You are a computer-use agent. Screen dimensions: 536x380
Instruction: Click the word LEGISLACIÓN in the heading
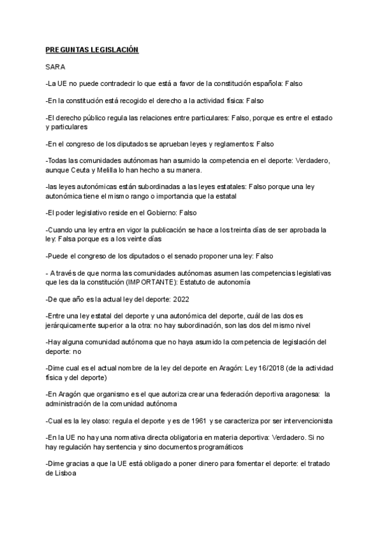114,49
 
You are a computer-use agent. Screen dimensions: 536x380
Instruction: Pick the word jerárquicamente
80,326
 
